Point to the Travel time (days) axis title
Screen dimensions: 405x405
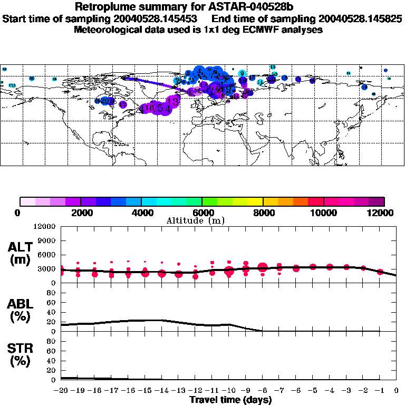click(x=230, y=400)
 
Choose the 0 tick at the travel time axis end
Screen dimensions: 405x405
click(x=397, y=391)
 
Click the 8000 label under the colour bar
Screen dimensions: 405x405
click(x=263, y=213)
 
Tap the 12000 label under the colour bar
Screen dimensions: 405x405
click(x=383, y=213)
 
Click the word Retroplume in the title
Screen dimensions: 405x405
click(x=103, y=7)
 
